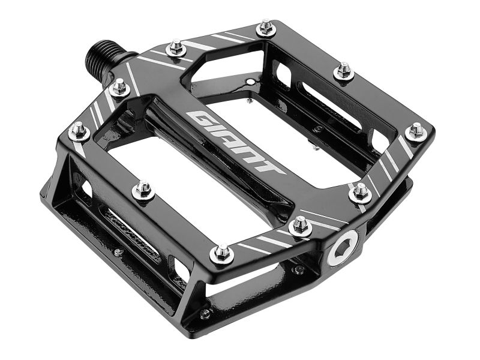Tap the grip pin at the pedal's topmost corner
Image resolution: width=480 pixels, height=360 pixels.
265,28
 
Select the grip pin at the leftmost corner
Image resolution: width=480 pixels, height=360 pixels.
79,130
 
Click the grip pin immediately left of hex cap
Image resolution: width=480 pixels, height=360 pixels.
299,226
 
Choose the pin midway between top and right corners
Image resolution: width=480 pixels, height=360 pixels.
344,71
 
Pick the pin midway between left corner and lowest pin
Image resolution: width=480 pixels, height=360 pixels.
143,190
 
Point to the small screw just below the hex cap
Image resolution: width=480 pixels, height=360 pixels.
298,269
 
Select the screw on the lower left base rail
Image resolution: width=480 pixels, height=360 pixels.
119,252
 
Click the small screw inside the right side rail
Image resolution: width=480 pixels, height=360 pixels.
317,128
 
